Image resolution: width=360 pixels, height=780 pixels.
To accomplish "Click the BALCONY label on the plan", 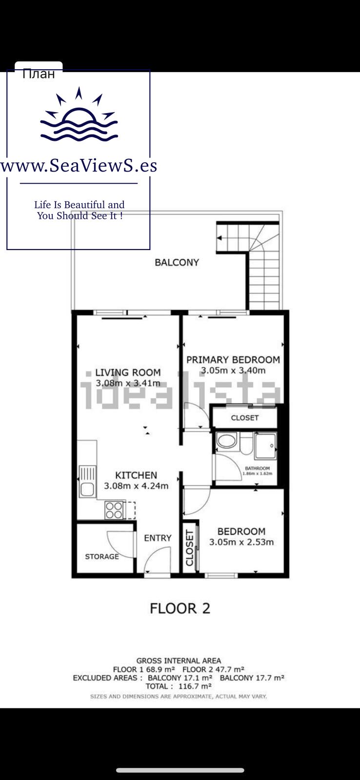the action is coord(177,262).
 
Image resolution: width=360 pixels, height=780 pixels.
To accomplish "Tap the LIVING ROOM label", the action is coord(128,372).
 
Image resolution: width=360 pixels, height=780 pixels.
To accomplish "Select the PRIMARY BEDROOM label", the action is coord(233,359).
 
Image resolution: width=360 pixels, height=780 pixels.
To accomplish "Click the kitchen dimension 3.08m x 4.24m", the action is coord(136,486).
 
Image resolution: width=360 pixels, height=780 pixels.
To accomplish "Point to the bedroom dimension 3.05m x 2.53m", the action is coord(241,542).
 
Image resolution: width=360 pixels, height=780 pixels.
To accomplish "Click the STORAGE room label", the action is coord(102,556).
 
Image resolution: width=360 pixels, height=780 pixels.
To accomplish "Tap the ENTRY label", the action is coord(158,538).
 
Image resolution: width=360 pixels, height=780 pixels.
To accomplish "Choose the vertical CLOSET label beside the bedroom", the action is coord(189,548).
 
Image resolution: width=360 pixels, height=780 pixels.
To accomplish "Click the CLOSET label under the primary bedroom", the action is coord(245,417).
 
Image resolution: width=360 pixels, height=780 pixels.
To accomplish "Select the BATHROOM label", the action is coord(257,468).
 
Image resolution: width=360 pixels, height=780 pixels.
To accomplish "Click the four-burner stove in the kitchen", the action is coord(114,510).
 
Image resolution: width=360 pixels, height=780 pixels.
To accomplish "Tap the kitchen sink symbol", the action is coord(87,481).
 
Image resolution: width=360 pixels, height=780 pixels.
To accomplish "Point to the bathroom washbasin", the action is coord(226,441).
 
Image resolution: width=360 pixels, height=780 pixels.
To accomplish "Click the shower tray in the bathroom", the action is coord(265,446).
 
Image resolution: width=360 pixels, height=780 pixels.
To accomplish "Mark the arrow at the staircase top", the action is coord(220,238).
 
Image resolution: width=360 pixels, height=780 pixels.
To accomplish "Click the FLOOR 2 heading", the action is coord(180,608).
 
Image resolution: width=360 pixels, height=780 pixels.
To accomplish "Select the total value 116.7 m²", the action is coord(195,686).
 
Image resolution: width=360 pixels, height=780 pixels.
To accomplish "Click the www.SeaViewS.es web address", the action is coord(79,165).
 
